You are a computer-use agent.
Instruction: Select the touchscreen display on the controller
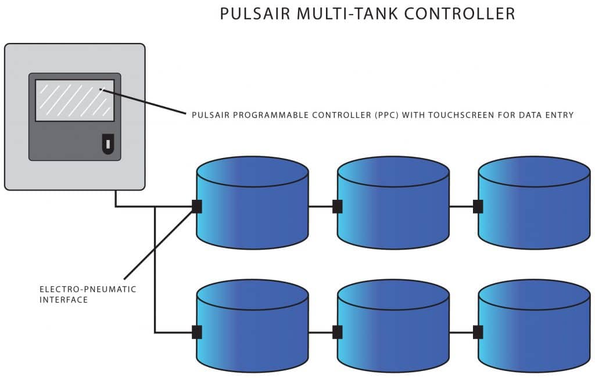74,100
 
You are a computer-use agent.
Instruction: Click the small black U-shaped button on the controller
108,143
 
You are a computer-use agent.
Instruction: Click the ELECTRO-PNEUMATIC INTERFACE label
88,294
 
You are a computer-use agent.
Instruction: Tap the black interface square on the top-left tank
197,206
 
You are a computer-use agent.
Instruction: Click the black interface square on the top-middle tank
337,206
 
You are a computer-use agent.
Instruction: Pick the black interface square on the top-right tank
478,206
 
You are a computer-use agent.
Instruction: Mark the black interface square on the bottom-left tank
197,332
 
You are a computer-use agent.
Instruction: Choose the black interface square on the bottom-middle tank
337,332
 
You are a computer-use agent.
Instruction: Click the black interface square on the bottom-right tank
478,332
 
